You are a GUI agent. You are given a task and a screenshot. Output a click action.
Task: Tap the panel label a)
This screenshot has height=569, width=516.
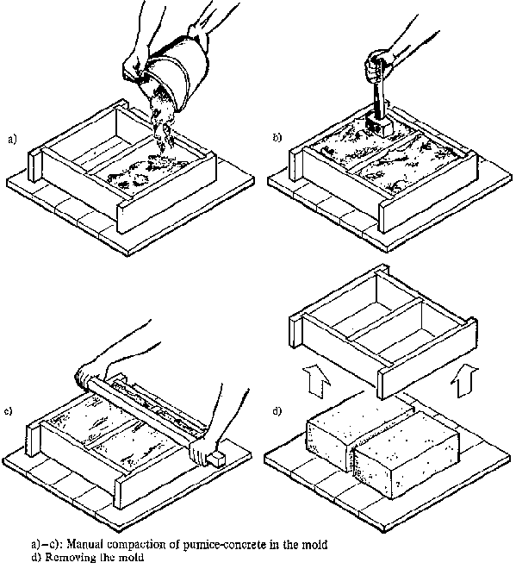pos(12,140)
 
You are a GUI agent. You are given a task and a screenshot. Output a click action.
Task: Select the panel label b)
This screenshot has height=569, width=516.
pos(277,138)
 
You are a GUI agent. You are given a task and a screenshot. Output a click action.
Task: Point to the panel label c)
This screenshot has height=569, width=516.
pos(8,411)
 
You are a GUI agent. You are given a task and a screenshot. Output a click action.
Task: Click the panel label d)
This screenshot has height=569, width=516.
pos(277,411)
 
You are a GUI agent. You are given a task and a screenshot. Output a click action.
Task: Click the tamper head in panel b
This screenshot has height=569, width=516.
pos(378,126)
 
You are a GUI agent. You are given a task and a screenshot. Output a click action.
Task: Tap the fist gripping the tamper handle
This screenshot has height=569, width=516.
pos(378,66)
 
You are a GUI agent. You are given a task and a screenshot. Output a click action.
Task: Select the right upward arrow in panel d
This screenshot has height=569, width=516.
pos(464,381)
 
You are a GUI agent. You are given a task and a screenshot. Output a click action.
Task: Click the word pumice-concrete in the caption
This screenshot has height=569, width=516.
pos(226,545)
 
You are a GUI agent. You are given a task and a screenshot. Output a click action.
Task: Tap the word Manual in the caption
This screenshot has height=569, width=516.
pos(86,544)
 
